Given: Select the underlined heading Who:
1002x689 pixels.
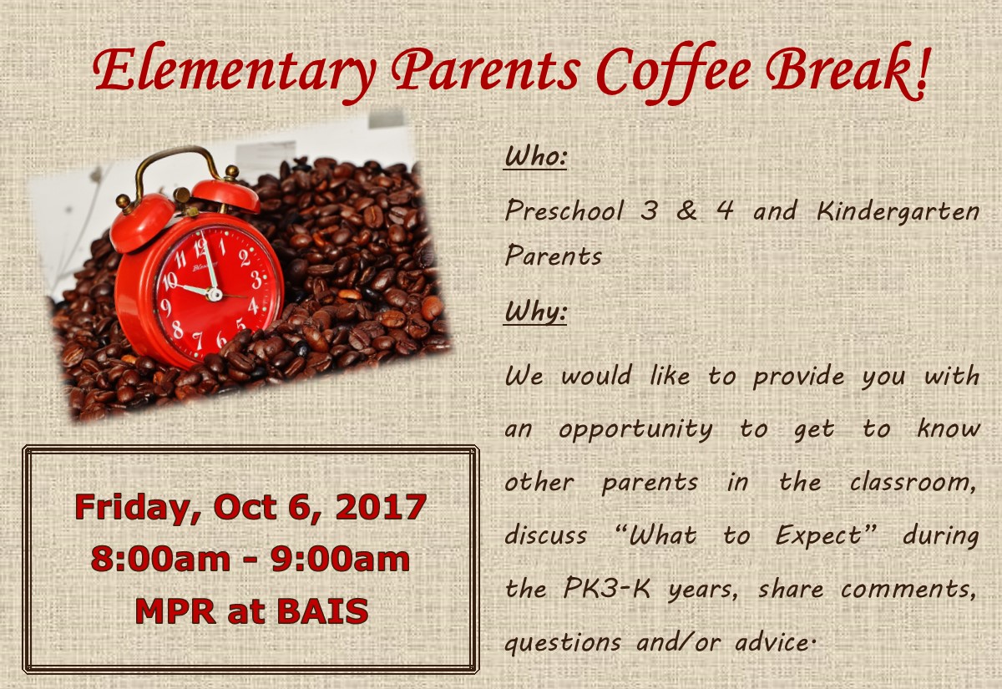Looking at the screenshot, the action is coord(535,158).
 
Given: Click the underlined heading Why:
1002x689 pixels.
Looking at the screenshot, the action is coord(535,312).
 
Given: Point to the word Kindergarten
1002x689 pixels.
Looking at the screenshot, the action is coord(898,211).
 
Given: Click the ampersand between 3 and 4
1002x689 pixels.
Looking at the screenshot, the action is coord(686,210).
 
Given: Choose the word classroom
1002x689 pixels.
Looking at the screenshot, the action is coord(912,483).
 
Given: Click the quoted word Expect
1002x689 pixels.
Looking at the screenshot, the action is coord(818,535).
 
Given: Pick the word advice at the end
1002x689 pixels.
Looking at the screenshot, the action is coord(772,642).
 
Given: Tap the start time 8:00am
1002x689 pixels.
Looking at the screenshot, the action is coord(160,559).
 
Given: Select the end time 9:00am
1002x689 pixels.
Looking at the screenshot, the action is coord(341,559).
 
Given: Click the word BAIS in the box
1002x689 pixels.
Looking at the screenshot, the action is coord(322,611).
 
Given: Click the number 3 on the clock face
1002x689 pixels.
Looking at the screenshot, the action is coord(256,279).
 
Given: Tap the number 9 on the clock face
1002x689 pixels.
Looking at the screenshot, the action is coord(166,308).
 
